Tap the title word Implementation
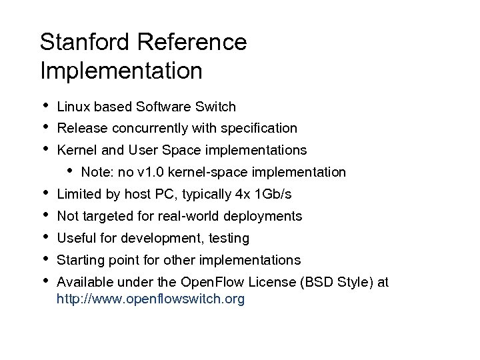pos(121,70)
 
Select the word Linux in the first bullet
pos(71,107)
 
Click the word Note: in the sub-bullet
pos(97,173)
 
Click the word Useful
pos(75,238)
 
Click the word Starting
pos(81,260)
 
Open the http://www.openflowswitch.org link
pos(151,300)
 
